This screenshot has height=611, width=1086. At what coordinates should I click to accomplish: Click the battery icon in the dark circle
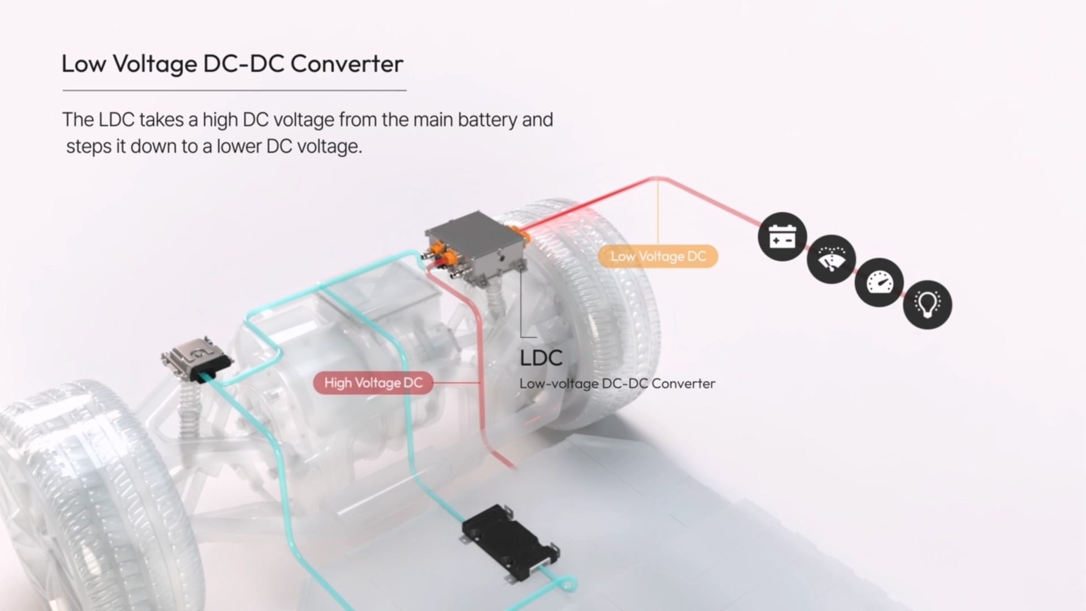(x=782, y=237)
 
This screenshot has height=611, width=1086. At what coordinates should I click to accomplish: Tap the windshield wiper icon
(x=831, y=260)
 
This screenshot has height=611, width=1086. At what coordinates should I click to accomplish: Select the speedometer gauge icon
(x=879, y=282)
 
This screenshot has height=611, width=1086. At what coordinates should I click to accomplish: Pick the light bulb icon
(x=928, y=305)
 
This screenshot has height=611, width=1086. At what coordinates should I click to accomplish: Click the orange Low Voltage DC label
(x=658, y=256)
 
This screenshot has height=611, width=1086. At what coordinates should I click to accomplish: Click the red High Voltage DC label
(x=373, y=383)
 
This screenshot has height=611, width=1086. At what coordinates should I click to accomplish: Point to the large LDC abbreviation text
(x=541, y=358)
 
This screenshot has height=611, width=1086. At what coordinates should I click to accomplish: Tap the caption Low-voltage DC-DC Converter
(x=617, y=384)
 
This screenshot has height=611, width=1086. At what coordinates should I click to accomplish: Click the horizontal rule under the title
(x=234, y=91)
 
